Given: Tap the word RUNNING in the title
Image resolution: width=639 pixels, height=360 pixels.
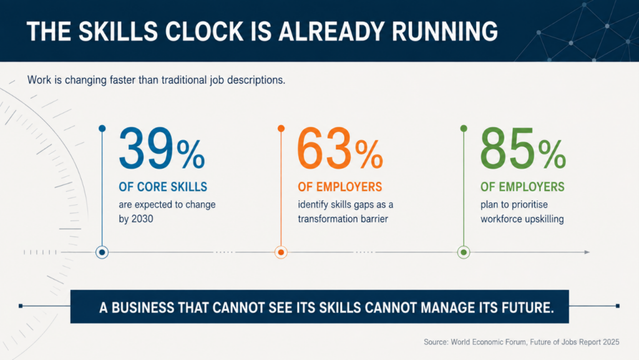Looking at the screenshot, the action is pyautogui.click(x=444, y=32).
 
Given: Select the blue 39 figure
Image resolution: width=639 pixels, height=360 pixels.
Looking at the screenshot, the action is pyautogui.click(x=146, y=148).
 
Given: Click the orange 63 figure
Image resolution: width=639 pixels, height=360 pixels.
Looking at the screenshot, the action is pyautogui.click(x=324, y=148).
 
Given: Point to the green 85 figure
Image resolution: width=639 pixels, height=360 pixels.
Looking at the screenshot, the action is pyautogui.click(x=507, y=148).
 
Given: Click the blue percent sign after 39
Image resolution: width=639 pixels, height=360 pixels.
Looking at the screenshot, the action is pyautogui.click(x=190, y=154).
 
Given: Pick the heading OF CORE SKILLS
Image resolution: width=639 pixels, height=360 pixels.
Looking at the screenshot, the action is pyautogui.click(x=163, y=187).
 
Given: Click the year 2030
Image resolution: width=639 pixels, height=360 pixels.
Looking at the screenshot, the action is pyautogui.click(x=142, y=219).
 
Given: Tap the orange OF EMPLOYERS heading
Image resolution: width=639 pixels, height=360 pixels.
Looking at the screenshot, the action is pyautogui.click(x=340, y=187).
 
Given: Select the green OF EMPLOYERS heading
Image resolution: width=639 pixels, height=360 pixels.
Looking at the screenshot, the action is pyautogui.click(x=522, y=187).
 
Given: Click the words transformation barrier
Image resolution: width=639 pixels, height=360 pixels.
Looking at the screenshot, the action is pyautogui.click(x=343, y=219).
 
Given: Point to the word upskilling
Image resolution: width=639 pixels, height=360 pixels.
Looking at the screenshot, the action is pyautogui.click(x=544, y=219).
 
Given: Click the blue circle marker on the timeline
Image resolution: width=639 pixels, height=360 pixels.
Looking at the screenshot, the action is pyautogui.click(x=102, y=253).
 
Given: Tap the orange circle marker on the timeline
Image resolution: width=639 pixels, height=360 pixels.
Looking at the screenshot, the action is pyautogui.click(x=281, y=253).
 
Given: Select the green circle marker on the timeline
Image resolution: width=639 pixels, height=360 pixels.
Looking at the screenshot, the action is pyautogui.click(x=464, y=253).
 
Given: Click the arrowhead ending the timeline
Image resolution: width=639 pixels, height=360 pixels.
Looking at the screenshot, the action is pyautogui.click(x=587, y=253).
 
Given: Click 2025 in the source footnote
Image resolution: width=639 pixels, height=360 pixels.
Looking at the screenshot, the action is pyautogui.click(x=611, y=342).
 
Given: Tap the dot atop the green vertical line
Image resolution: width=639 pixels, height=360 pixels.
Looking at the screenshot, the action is pyautogui.click(x=464, y=129).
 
